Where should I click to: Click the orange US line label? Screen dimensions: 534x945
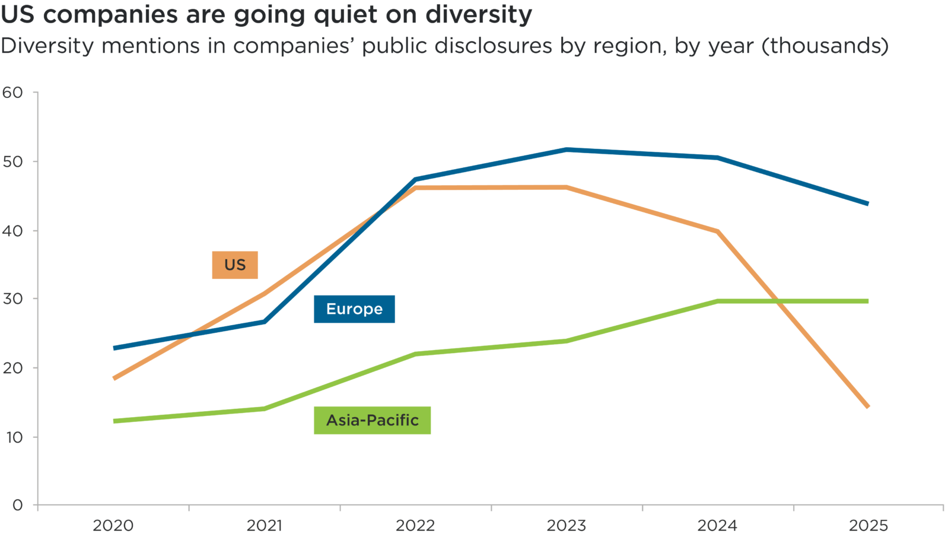[x=235, y=265]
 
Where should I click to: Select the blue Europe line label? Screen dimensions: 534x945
[x=354, y=309]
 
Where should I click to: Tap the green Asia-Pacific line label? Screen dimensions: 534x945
[x=372, y=420]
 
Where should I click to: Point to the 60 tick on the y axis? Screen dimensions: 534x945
[x=12, y=92]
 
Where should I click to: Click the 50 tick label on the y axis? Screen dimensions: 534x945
[x=12, y=161]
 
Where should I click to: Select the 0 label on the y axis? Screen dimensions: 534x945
[x=17, y=505]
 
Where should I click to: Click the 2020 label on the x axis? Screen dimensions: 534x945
[x=113, y=525]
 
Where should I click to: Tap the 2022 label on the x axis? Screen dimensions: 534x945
[x=415, y=525]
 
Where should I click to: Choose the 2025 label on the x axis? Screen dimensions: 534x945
[x=868, y=525]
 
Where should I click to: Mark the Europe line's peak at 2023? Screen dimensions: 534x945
[x=567, y=150]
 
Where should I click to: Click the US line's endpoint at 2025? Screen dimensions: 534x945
[x=868, y=407]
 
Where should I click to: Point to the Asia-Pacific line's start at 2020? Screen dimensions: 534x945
[x=114, y=421]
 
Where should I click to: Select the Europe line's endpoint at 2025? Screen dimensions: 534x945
[x=868, y=204]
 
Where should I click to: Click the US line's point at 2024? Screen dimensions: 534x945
[x=718, y=231]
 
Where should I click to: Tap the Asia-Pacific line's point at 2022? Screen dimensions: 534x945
[x=416, y=354]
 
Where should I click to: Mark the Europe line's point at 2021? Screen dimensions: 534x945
[x=265, y=322]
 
